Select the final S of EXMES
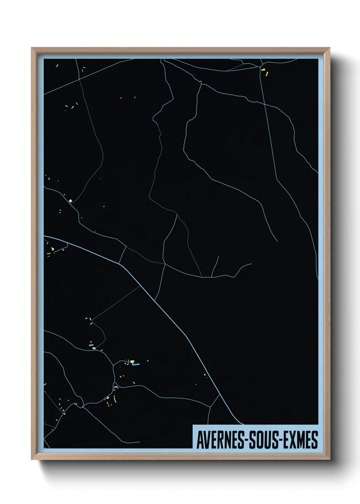pyautogui.click(x=315, y=440)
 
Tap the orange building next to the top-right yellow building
pyautogui.click(x=267, y=73)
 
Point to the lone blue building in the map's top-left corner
pyautogui.click(x=57, y=65)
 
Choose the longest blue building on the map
pyautogui.click(x=136, y=364)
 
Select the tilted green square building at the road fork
pyautogui.click(x=70, y=201)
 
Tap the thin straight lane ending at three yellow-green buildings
pyautogui.click(x=116, y=303)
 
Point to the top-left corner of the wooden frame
pyautogui.click(x=32, y=48)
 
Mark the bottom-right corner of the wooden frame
pyautogui.click(x=329, y=459)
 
